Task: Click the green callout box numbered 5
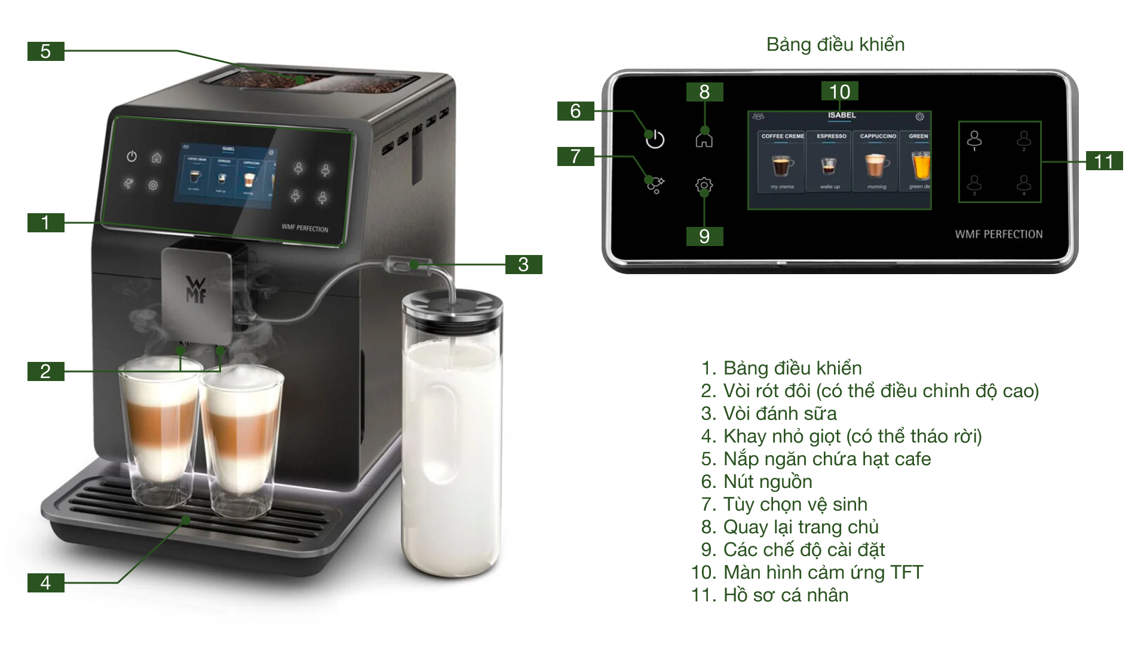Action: coord(45,51)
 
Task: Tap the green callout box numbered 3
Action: coord(523,265)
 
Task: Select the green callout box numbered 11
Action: coord(1104,161)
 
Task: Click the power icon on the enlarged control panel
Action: coord(655,139)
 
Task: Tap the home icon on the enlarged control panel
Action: coord(704,139)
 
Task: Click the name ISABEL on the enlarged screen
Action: coord(842,115)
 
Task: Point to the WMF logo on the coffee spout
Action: coord(196,290)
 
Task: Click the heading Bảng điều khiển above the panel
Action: coord(835,45)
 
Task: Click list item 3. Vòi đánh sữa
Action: coord(769,413)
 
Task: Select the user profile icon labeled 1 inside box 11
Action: coord(974,140)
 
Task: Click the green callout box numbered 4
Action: coord(45,583)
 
